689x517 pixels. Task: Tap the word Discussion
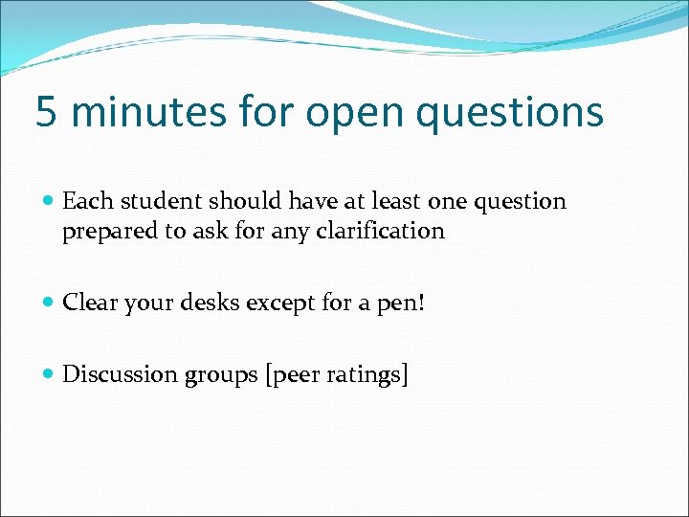[x=116, y=374]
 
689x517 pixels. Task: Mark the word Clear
[x=85, y=303]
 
